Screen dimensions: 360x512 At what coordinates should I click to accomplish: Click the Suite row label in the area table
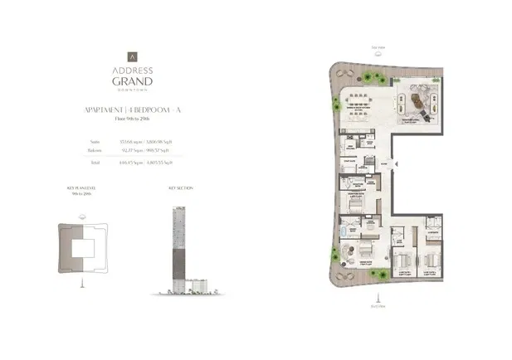[95, 142]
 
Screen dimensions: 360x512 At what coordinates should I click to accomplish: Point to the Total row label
[95, 163]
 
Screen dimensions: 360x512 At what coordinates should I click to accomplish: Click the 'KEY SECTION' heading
[180, 188]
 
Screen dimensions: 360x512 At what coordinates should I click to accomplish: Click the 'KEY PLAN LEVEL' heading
[83, 188]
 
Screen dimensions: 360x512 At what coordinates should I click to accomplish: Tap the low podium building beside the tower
[195, 285]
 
